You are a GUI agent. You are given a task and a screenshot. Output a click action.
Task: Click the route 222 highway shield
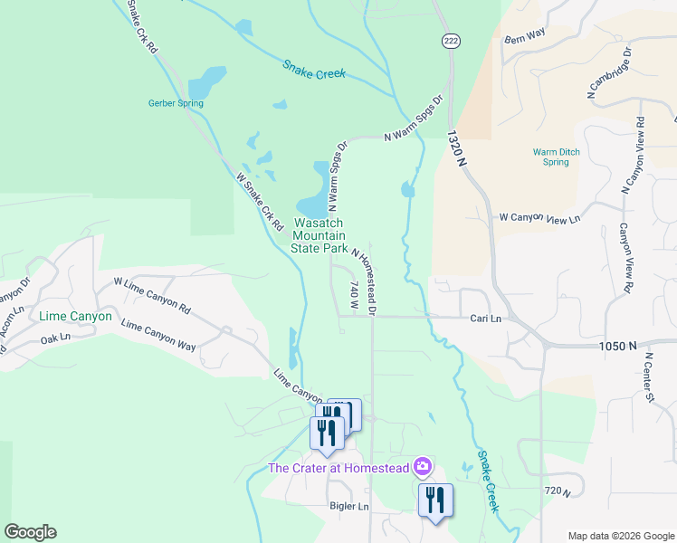[450, 41]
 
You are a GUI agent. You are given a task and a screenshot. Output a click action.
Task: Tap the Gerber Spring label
[176, 103]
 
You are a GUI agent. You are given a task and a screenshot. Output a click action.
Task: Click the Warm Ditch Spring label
[551, 157]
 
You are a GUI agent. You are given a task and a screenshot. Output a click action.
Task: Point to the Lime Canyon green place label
[76, 317]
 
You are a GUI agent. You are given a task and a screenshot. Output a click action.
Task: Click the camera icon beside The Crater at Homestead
[422, 467]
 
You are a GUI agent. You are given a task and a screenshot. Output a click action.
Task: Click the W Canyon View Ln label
[539, 218]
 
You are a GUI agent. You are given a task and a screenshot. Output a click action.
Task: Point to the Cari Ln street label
[485, 319]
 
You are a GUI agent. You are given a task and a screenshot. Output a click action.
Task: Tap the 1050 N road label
[618, 346]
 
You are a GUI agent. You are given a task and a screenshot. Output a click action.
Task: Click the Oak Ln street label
[54, 340]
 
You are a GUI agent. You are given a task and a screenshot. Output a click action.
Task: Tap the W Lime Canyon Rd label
[153, 295]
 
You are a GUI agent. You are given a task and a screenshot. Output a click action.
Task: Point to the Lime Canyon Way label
[158, 336]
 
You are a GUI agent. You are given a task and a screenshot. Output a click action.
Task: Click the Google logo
[31, 532]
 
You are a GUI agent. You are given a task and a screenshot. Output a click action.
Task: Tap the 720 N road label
[558, 491]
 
